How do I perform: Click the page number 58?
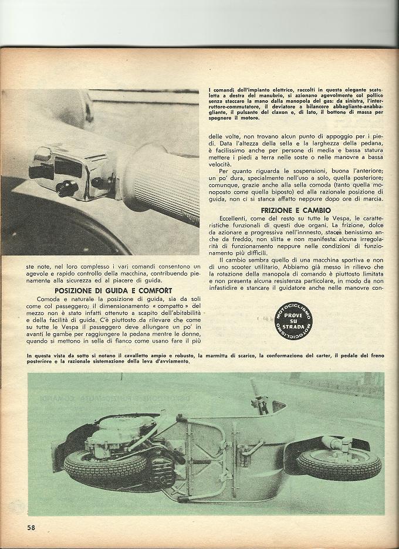click(x=31, y=527)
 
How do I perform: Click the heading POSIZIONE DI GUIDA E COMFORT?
click(x=113, y=290)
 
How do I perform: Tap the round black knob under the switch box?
click(x=67, y=189)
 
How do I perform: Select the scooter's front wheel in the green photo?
click(x=331, y=463)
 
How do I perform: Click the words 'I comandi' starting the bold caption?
click(x=221, y=90)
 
